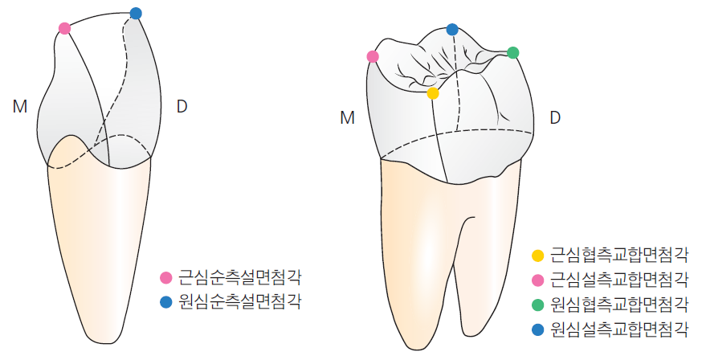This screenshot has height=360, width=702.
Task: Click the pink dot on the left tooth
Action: (x=64, y=29)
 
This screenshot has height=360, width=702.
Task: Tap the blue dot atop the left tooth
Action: (x=136, y=14)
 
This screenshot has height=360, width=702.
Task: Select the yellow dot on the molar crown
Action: (x=433, y=93)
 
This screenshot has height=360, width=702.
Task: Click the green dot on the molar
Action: (x=513, y=53)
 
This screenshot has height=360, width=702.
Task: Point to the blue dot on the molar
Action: (x=452, y=30)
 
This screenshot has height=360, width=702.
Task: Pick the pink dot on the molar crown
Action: (x=373, y=56)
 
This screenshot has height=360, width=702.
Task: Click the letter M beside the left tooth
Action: (x=20, y=107)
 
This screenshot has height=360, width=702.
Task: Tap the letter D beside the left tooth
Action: (x=182, y=107)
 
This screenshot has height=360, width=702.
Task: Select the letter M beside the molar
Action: (x=348, y=118)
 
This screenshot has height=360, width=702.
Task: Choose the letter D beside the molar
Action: (x=555, y=118)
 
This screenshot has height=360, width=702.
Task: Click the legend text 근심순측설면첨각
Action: (x=240, y=277)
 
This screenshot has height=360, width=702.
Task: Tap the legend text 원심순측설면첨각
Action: (x=240, y=302)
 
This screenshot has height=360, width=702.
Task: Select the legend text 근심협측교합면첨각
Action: (x=619, y=256)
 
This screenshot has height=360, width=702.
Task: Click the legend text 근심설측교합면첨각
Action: (x=619, y=280)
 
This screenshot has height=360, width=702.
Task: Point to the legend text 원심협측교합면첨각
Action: (x=619, y=305)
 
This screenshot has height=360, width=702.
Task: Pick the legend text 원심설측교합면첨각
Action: (x=619, y=330)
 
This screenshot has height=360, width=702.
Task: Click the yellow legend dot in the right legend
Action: (x=537, y=256)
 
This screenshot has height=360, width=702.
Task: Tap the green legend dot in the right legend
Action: (x=537, y=305)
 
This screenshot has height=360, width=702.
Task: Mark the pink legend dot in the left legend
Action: (x=166, y=277)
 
